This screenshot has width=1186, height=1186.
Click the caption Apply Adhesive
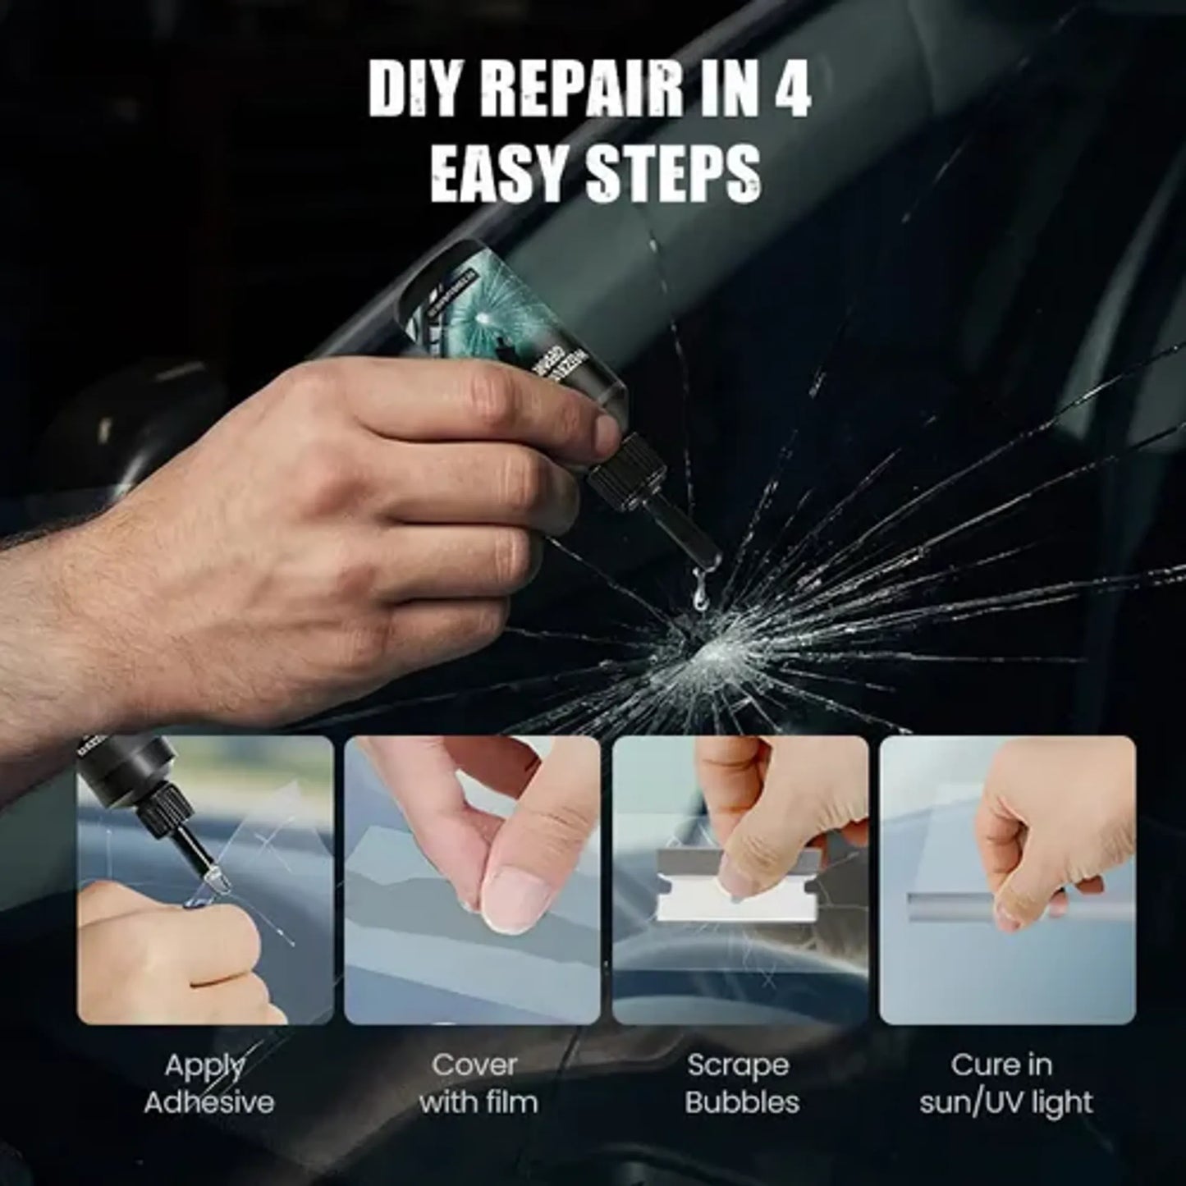click(208, 1083)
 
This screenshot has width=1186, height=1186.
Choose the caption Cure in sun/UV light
click(1005, 1083)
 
